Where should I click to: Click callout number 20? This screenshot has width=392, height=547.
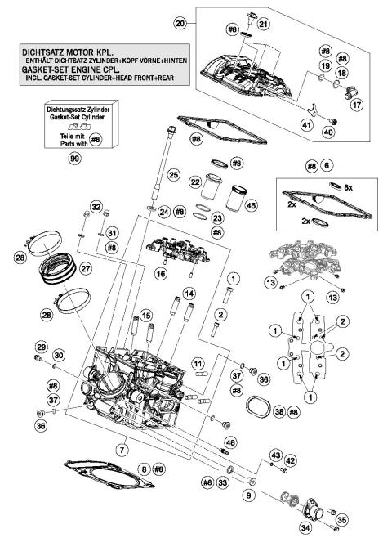click(180, 25)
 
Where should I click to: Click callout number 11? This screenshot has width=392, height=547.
click(197, 362)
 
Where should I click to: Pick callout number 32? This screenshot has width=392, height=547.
click(95, 208)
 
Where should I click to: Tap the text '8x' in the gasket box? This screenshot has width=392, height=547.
click(349, 188)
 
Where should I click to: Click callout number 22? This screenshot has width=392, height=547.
click(194, 182)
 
